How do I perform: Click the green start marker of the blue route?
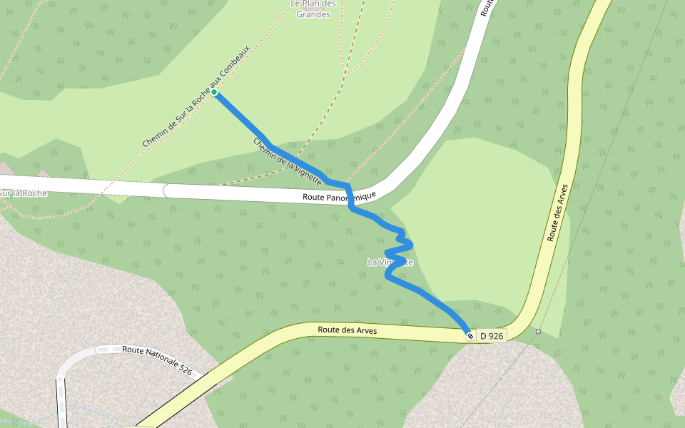click(214, 92)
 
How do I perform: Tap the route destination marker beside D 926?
click(470, 335)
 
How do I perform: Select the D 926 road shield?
click(491, 335)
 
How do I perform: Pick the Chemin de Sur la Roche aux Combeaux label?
click(196, 97)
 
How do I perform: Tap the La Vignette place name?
click(390, 263)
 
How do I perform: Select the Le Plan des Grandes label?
click(313, 9)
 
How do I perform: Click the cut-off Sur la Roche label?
click(23, 193)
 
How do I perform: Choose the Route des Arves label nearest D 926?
click(347, 330)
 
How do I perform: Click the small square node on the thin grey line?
click(538, 331)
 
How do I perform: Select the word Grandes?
click(313, 14)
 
